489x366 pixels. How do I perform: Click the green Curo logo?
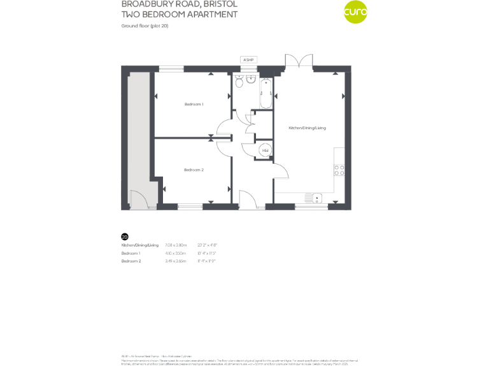tap(355, 12)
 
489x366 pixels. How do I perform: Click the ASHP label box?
tap(248, 60)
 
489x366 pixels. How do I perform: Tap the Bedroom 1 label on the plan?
tap(194, 104)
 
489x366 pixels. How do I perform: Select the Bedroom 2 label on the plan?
tap(194, 170)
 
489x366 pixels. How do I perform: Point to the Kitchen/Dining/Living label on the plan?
tap(307, 128)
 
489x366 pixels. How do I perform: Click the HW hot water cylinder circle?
tap(266, 151)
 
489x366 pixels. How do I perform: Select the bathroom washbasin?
tap(252, 80)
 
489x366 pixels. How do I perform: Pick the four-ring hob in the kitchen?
tap(339, 170)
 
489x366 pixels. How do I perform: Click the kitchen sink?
tap(316, 198)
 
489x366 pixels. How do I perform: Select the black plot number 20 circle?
tap(125, 236)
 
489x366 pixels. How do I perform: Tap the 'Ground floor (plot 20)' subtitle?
tap(145, 25)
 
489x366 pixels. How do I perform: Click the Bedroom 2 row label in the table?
tap(131, 261)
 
